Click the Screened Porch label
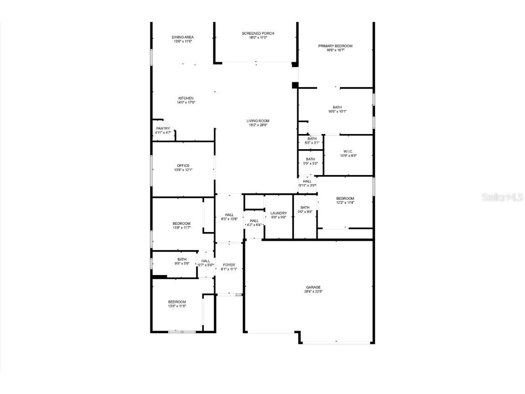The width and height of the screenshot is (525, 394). coord(258,33)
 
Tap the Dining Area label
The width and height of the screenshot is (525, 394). coord(183,37)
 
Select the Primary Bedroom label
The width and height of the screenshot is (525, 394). coord(335,46)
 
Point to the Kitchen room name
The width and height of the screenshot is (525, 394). coord(186,98)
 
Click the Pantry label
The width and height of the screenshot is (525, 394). coord(163,129)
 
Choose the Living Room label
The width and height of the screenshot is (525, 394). coord(258,121)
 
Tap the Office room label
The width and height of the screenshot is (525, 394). coord(183,166)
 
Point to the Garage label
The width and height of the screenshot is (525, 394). coord(310,287)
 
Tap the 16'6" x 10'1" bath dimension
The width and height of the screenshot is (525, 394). coord(337,111)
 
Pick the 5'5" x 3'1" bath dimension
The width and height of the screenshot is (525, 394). coord(312,143)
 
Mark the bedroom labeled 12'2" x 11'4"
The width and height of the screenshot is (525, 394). coord(345,202)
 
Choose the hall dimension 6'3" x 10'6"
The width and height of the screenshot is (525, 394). coord(229,219)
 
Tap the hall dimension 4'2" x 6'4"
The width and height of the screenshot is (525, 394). coord(254,225)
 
